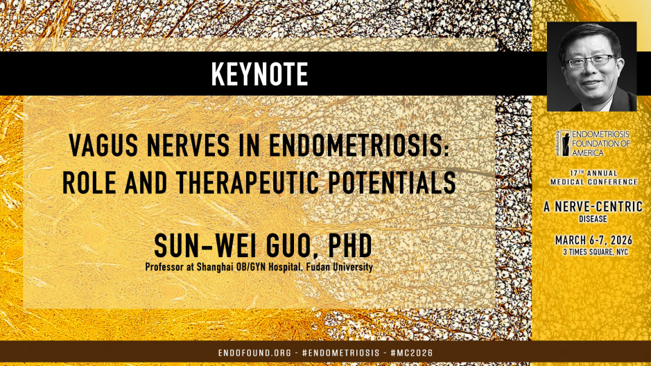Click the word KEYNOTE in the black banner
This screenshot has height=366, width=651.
tap(260, 74)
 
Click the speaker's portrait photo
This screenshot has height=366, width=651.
tap(591, 67)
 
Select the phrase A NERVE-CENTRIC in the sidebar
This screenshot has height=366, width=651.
tap(591, 205)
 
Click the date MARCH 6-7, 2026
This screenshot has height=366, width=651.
tap(591, 241)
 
